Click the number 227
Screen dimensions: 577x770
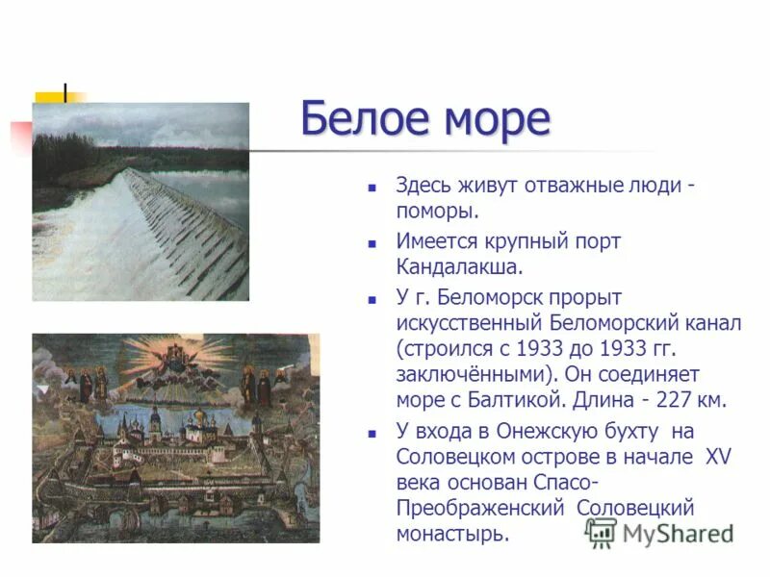(x=673, y=398)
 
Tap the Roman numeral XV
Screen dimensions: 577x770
(x=718, y=457)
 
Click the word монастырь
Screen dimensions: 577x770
(x=450, y=534)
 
